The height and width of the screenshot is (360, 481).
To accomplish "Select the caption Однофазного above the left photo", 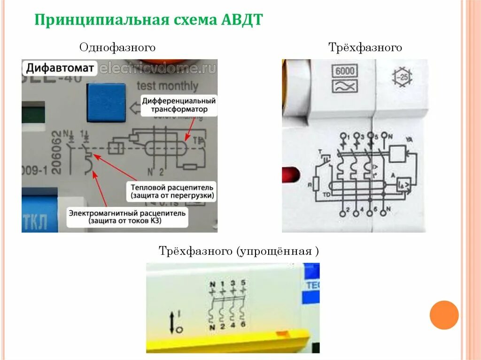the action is (117, 47).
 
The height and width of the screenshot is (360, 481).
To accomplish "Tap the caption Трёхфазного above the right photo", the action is (365, 47).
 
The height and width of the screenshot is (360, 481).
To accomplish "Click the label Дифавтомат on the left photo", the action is (60, 68).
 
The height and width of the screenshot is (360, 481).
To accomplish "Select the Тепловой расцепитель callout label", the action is (172, 191).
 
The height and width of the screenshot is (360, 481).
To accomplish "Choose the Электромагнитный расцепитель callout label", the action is (127, 217).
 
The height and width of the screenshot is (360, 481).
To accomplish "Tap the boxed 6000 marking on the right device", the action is (345, 71).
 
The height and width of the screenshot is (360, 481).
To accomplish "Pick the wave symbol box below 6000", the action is (345, 86).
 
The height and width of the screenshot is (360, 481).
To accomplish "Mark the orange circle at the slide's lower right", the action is (444, 314).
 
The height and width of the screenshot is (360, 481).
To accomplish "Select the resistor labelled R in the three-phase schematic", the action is (316, 184).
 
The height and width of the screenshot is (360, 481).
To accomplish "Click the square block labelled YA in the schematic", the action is (398, 153).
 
